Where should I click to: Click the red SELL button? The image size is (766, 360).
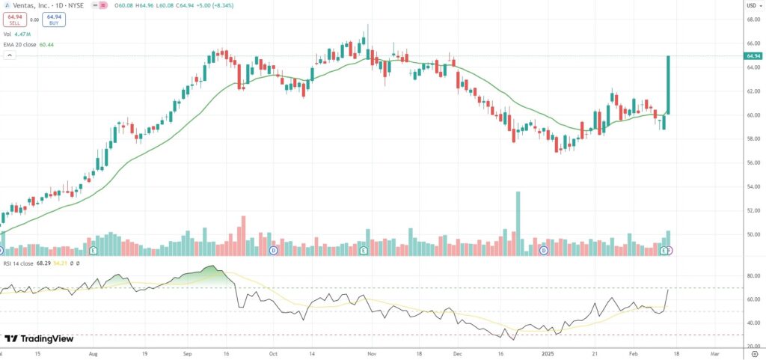pyautogui.click(x=13, y=20)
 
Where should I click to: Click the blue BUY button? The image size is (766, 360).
pyautogui.click(x=53, y=20)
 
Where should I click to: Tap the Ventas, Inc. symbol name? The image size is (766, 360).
pyautogui.click(x=34, y=5)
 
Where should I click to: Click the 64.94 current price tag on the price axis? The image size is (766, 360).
pyautogui.click(x=753, y=56)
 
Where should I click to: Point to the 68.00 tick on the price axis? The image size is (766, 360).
pyautogui.click(x=753, y=19)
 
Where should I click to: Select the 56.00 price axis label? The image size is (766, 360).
pyautogui.click(x=753, y=162)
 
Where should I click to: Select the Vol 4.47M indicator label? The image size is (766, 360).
pyautogui.click(x=18, y=34)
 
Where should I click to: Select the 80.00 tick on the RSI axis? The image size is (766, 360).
pyautogui.click(x=753, y=275)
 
